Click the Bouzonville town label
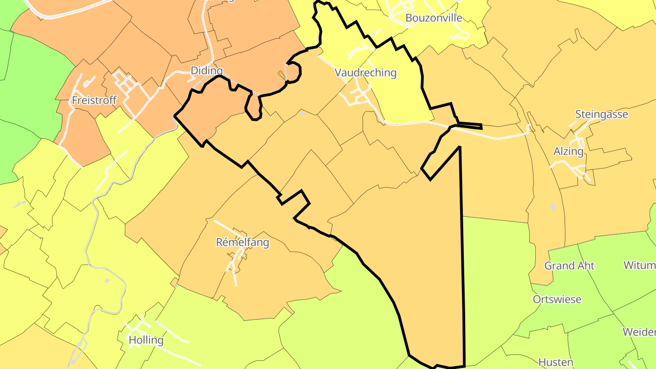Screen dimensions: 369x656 pyautogui.click(x=433, y=18)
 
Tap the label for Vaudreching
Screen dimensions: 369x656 pyautogui.click(x=365, y=73)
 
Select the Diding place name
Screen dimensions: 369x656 pyautogui.click(x=207, y=71)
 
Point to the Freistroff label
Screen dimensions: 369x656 pyautogui.click(x=94, y=100)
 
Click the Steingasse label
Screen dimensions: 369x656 pyautogui.click(x=601, y=114)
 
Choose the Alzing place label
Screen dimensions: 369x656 pyautogui.click(x=568, y=151)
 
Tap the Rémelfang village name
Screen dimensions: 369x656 pyautogui.click(x=242, y=242)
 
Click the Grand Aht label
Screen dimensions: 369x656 pyautogui.click(x=569, y=266)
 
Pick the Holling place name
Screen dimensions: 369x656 pyautogui.click(x=146, y=340)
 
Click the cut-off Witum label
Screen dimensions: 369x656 pyautogui.click(x=640, y=265)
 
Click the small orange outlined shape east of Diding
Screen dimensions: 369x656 pyautogui.click(x=281, y=74)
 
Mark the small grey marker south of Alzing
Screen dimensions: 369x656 pyautogui.click(x=553, y=207)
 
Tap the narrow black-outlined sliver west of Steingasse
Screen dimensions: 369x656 pyautogui.click(x=469, y=126)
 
